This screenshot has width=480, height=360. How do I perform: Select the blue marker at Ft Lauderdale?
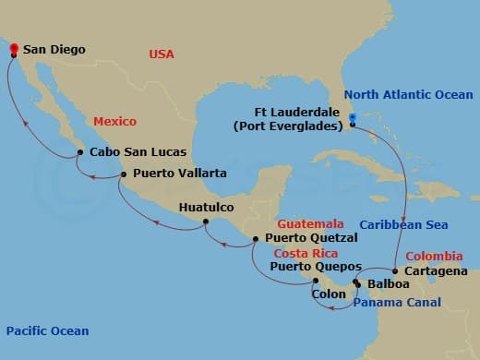tap(353, 117)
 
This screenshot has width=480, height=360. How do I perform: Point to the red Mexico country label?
tap(114, 121)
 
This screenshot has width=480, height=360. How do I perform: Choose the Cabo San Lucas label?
tap(138, 152)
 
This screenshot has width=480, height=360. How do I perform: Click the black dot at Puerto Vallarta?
tap(124, 174)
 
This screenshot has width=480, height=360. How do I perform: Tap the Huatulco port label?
tap(208, 207)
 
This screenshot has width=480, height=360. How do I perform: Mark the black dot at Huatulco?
tap(205, 221)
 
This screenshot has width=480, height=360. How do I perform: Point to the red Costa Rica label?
tap(305, 252)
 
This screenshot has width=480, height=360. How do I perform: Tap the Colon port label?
tap(329, 295)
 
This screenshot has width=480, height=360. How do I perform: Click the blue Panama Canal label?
tap(397, 301)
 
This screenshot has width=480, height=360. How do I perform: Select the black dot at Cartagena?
tap(395, 271)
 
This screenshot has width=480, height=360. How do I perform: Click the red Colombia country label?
tap(434, 256)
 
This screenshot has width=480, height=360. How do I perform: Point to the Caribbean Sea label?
tap(402, 223)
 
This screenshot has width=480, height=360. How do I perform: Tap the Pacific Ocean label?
tap(47, 330)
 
